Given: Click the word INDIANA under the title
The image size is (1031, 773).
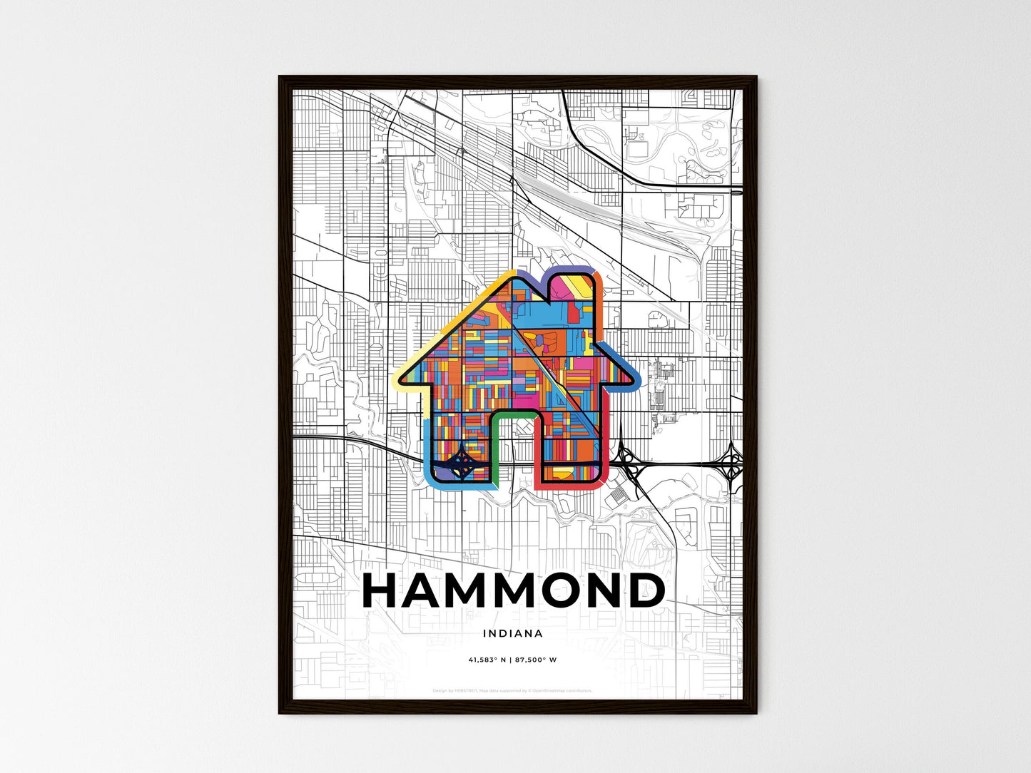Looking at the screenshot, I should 512,633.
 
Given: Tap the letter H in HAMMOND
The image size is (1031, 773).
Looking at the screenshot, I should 387,590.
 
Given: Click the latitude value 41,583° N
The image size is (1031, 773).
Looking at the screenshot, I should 487,660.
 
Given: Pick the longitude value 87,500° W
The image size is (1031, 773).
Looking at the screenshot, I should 534,660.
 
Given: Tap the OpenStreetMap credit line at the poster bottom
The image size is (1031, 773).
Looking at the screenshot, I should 512,690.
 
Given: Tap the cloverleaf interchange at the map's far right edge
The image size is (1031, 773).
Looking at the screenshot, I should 731,464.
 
